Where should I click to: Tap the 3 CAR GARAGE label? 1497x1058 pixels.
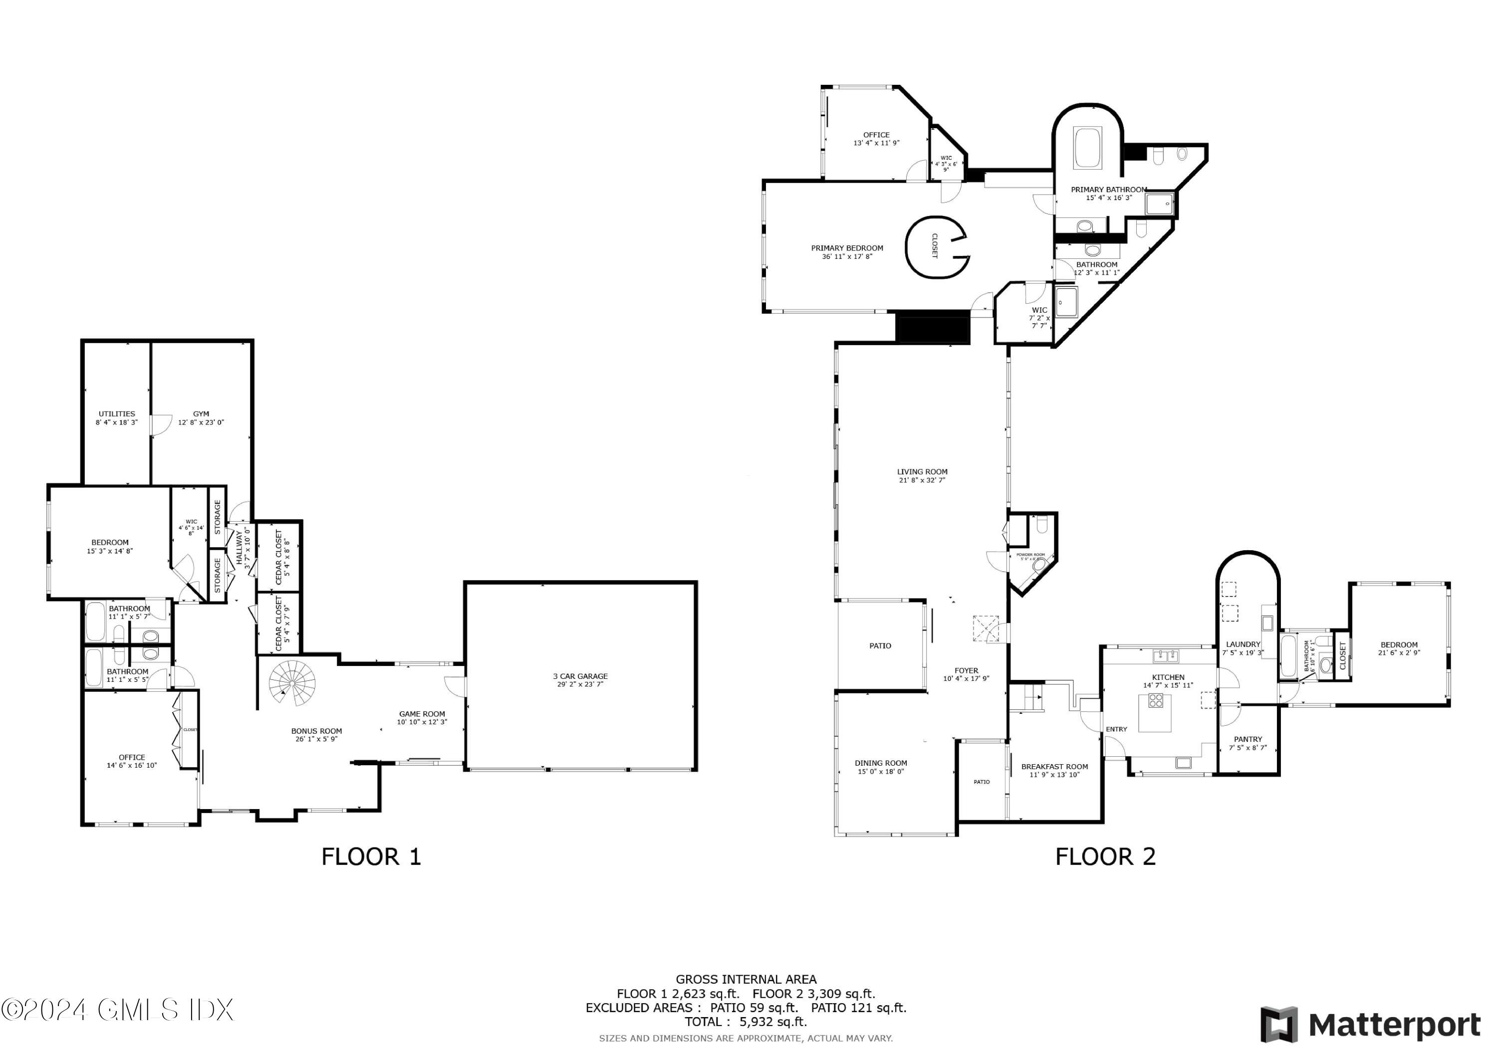[580, 676]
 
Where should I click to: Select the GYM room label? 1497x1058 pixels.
[201, 414]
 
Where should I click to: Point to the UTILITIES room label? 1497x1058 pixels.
[117, 414]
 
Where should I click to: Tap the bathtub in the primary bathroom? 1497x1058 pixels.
[1087, 149]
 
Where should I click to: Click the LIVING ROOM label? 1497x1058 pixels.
[922, 472]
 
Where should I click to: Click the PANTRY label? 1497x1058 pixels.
[1247, 739]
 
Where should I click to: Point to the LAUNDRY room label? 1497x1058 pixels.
[1243, 644]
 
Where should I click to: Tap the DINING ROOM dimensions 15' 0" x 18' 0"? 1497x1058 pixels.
[880, 772]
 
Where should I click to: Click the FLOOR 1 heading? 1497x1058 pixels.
[371, 856]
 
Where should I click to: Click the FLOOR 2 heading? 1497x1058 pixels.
[1105, 856]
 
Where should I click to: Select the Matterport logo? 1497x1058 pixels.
[1370, 1025]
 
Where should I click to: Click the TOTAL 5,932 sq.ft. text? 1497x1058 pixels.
[746, 1022]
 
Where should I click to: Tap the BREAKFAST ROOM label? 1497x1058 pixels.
[1054, 767]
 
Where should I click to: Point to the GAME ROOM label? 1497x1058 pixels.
[422, 714]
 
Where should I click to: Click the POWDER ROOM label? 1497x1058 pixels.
[1030, 555]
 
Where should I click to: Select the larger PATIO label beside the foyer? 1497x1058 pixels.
[880, 646]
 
